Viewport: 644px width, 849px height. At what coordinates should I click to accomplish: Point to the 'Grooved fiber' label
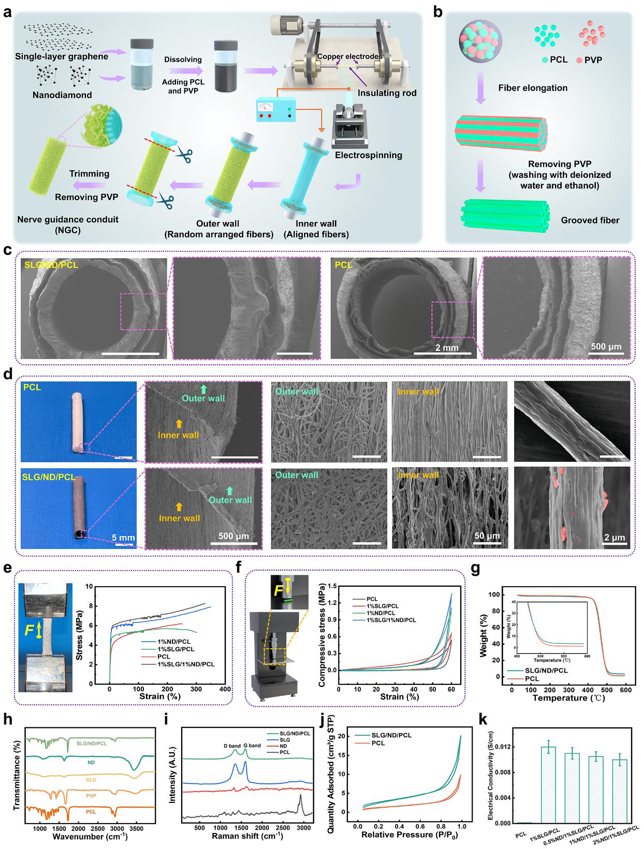(x=590, y=220)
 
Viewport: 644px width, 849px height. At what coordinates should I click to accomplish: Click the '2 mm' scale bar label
(x=447, y=347)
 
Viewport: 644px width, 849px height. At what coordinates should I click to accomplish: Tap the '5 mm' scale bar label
(x=123, y=538)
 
